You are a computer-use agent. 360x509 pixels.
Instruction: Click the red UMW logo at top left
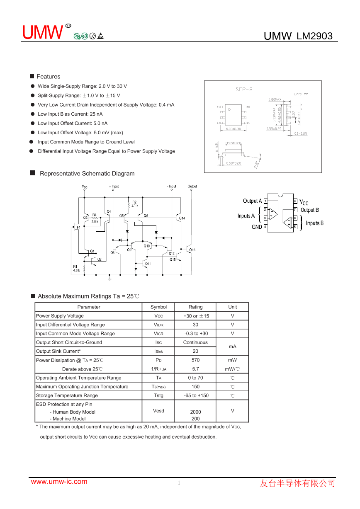pyautogui.click(x=42, y=33)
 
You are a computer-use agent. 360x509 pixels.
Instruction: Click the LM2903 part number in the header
pyautogui.click(x=314, y=36)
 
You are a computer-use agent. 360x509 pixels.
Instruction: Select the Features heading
pyautogui.click(x=48, y=77)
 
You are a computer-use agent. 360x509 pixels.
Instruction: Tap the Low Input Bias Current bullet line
pyautogui.click(x=70, y=114)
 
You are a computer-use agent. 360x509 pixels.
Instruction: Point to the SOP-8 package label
pyautogui.click(x=244, y=90)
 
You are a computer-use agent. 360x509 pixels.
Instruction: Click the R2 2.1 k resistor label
pyautogui.click(x=135, y=204)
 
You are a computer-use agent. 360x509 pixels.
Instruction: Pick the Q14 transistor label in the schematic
pyautogui.click(x=182, y=218)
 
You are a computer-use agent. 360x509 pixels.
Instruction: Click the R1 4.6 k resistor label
pyautogui.click(x=76, y=268)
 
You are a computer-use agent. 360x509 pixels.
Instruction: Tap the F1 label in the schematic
pyautogui.click(x=79, y=227)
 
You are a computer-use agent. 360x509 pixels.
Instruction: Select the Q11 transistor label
pyautogui.click(x=148, y=264)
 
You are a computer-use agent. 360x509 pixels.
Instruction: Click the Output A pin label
pyautogui.click(x=252, y=201)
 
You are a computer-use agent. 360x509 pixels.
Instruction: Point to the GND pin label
pyautogui.click(x=257, y=227)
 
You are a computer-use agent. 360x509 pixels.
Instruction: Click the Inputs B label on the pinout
pyautogui.click(x=314, y=223)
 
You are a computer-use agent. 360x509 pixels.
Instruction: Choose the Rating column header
pyautogui.click(x=195, y=307)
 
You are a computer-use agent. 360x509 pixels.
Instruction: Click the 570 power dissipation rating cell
pyautogui.click(x=195, y=360)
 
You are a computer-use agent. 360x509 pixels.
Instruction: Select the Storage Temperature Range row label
pyautogui.click(x=67, y=395)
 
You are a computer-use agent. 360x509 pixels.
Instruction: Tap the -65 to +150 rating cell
pyautogui.click(x=195, y=395)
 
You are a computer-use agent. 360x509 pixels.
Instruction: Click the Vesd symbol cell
pyautogui.click(x=158, y=411)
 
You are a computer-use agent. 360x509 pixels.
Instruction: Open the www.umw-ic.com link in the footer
pyautogui.click(x=59, y=482)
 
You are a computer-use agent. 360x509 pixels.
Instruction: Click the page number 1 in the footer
pyautogui.click(x=179, y=483)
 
